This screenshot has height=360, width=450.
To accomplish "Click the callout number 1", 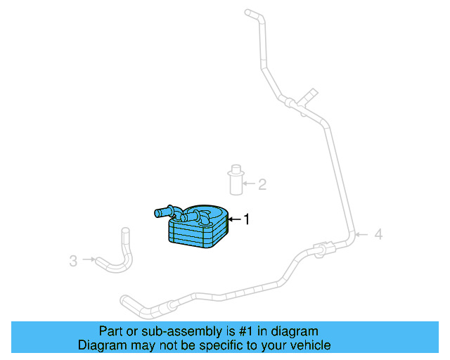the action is [246, 220].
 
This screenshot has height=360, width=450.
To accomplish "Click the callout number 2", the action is [262, 185].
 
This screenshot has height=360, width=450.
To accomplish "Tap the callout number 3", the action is [73, 261].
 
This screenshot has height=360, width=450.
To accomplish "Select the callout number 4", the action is [378, 234].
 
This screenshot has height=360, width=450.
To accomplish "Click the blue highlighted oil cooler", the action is [199, 229].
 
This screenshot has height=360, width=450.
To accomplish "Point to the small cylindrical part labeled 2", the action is [235, 180].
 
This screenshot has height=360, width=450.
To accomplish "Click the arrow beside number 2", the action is [249, 185].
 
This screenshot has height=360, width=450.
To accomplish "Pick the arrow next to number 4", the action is [363, 234].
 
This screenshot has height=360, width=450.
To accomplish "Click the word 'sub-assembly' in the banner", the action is [174, 331].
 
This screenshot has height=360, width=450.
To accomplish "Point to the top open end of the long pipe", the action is [247, 12].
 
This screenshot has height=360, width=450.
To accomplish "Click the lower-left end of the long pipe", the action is [125, 300].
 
